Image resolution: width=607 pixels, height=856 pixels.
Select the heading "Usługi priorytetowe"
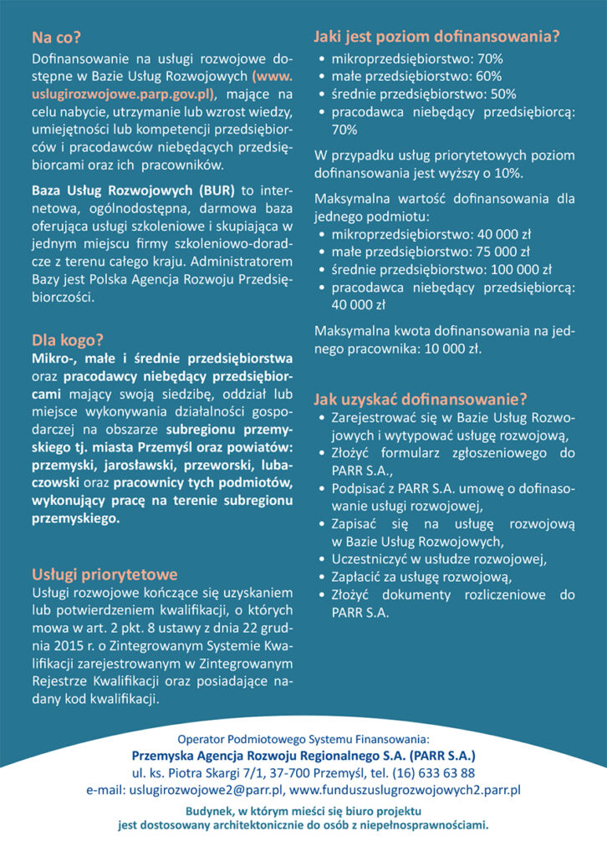[x=104, y=574]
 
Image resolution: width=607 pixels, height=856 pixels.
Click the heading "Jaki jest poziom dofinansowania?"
[x=436, y=37]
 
